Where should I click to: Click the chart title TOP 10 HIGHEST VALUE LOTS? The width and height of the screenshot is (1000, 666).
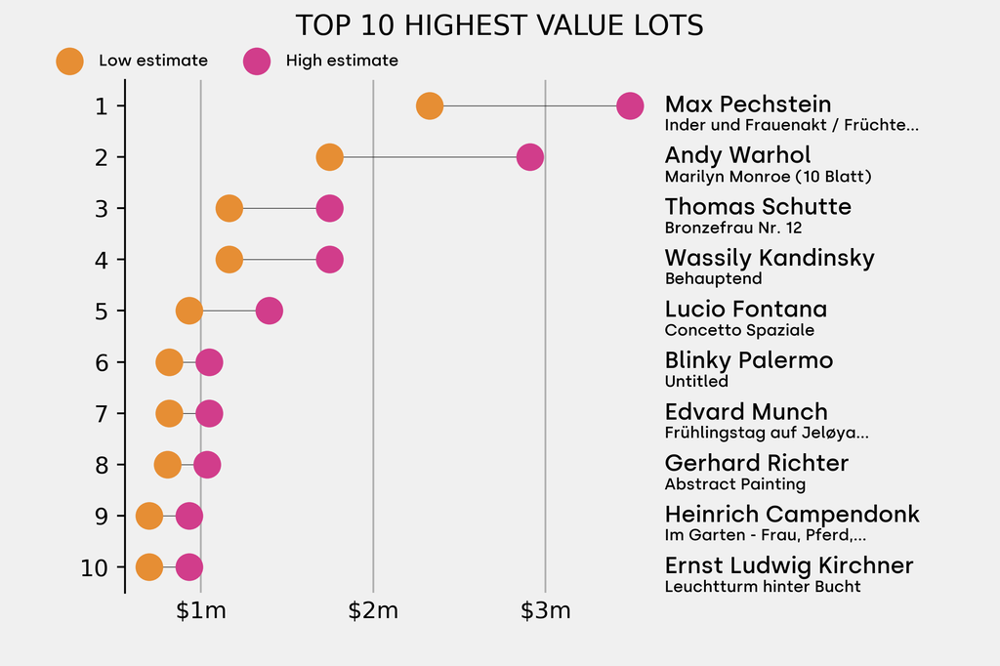point(499,25)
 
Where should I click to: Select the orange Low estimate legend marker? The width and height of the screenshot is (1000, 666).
point(69,61)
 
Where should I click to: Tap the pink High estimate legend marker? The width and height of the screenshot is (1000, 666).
point(257,61)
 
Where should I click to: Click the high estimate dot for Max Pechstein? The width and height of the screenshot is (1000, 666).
point(630,105)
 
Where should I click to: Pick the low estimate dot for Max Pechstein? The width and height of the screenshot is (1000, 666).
point(430,105)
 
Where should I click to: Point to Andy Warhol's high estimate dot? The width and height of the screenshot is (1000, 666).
point(529,156)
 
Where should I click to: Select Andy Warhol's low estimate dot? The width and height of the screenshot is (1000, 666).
point(330,156)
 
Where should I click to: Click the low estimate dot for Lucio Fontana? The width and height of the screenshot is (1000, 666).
point(189,311)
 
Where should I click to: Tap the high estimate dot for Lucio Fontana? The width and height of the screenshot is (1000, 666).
point(269,311)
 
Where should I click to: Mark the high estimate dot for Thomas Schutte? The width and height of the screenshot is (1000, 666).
point(329,208)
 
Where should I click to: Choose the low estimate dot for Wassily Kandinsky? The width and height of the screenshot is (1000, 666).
point(229,260)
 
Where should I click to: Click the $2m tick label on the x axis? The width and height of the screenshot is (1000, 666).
point(373,612)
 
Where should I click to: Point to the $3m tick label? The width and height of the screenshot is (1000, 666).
point(545,612)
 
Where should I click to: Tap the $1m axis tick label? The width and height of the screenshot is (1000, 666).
point(200,612)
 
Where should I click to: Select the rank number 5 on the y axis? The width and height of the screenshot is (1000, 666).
point(102,311)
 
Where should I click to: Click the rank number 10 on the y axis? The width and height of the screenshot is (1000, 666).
point(95,567)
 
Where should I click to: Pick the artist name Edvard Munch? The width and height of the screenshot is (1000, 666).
point(746,412)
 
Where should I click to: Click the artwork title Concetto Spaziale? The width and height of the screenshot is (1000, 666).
point(739,330)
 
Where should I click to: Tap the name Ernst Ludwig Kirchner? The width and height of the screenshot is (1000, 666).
point(789,565)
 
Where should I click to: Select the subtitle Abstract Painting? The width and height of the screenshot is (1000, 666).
point(735,484)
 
